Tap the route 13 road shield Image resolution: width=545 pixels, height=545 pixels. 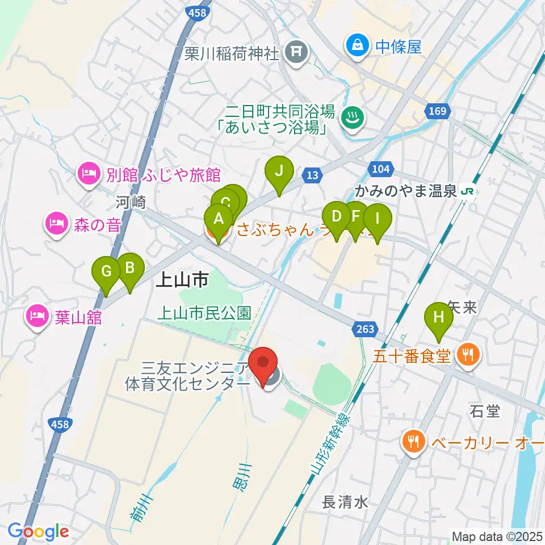click(x=312, y=175)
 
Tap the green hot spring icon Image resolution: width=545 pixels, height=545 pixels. click(x=352, y=118)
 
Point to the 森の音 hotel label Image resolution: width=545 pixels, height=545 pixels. click(x=97, y=225)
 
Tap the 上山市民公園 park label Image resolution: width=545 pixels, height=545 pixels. click(x=204, y=312)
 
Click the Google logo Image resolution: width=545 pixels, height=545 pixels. click(x=38, y=531)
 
